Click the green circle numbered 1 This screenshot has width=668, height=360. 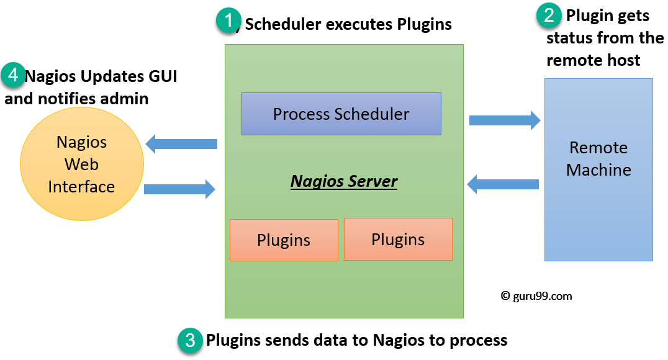click(228, 22)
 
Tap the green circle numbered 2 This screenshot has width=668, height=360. click(549, 15)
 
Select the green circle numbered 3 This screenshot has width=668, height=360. click(190, 340)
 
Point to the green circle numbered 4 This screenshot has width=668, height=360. click(13, 75)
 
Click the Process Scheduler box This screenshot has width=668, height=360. click(341, 114)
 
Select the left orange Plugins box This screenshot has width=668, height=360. click(284, 240)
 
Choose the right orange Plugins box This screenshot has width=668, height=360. click(398, 239)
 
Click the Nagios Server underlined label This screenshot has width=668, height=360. click(344, 181)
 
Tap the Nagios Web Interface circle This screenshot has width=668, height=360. click(81, 164)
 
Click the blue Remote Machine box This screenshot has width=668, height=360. click(598, 169)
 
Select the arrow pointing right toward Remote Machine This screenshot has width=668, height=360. click(504, 120)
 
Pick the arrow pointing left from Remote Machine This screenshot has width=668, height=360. click(502, 183)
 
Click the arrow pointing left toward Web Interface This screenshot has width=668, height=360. click(181, 144)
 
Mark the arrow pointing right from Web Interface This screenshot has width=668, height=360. click(179, 189)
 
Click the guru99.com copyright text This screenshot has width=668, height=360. click(536, 296)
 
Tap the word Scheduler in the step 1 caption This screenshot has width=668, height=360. click(283, 24)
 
